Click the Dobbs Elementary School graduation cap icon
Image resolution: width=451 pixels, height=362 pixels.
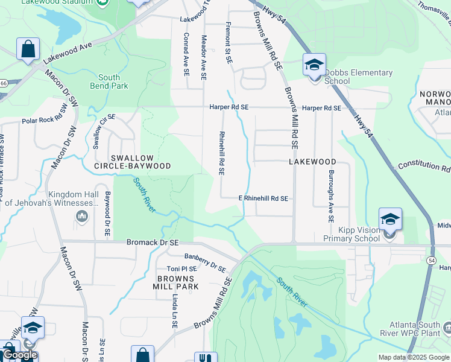coord(314,65)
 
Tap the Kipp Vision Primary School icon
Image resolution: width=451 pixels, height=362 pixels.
coord(390,219)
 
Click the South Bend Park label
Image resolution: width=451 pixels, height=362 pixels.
coord(109,81)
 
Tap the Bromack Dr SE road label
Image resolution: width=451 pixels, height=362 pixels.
coord(153,243)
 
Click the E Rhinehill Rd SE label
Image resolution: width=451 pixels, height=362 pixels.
coord(263,198)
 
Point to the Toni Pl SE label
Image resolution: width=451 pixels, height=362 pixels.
coord(181,268)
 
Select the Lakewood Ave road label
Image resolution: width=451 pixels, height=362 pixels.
coord(66,53)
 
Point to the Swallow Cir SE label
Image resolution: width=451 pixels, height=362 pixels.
coord(101,125)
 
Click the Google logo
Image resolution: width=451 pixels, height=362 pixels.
coord(19,355)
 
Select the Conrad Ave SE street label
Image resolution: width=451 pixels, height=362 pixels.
coord(186,55)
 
